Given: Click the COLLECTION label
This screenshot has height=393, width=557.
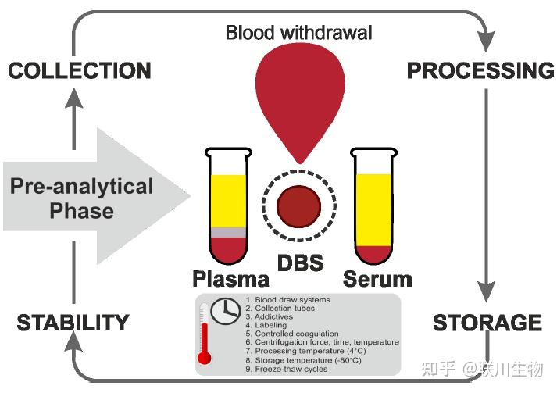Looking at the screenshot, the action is click(x=80, y=70).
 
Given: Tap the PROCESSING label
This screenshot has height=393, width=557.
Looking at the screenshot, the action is click(x=480, y=70).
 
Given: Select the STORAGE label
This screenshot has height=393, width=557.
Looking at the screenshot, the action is click(x=487, y=323).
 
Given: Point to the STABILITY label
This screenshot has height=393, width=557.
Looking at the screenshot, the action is click(x=73, y=323).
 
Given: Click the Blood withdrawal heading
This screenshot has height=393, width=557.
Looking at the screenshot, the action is click(x=298, y=32).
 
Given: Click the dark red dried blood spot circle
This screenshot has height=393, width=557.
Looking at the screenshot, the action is click(x=298, y=206).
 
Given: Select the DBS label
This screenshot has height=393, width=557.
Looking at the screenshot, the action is click(x=300, y=263).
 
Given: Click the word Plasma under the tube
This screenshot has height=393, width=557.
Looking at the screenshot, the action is click(x=231, y=279).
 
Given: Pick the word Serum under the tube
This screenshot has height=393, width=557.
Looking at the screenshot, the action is click(x=377, y=279).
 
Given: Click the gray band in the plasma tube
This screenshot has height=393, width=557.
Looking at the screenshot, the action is click(x=228, y=232).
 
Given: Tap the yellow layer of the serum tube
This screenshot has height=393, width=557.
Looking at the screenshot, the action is click(x=373, y=209).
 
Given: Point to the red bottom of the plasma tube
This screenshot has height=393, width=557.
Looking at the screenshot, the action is click(x=228, y=249).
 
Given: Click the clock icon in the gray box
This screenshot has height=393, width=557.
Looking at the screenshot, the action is click(x=226, y=311).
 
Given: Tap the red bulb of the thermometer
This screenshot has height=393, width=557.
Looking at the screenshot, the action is click(x=205, y=358).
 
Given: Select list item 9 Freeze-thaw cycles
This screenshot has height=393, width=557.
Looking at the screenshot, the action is click(x=287, y=370).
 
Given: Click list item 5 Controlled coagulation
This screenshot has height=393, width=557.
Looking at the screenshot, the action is click(x=292, y=334).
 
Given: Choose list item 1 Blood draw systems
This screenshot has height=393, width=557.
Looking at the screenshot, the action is click(x=287, y=300).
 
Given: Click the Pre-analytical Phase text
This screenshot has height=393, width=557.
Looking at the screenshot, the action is click(x=82, y=198).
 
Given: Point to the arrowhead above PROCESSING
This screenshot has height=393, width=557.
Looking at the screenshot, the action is click(x=486, y=41).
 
